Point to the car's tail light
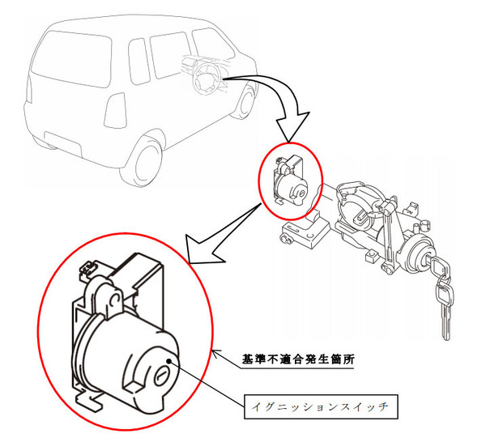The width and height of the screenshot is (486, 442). click(115, 110)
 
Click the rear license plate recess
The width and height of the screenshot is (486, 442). click(63, 143)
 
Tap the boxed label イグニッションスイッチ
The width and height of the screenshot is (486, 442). click(321, 406)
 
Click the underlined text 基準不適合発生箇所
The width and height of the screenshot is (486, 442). click(298, 359)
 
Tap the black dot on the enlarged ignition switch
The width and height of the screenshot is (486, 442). click(169, 361)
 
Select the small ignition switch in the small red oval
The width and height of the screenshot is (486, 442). click(290, 184)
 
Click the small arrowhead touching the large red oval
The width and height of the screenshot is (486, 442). click(216, 353)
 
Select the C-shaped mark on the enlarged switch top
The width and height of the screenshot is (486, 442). click(113, 300)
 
